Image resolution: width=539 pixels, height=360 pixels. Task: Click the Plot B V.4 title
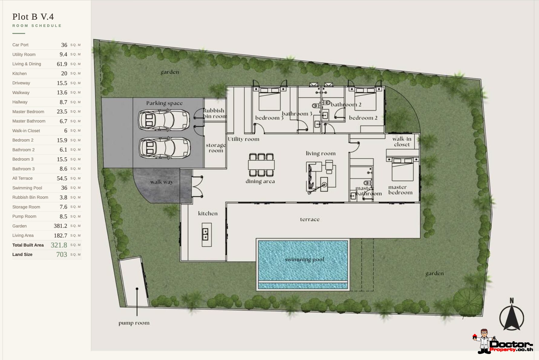point(33,17)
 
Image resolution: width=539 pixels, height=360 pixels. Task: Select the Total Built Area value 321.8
point(59,245)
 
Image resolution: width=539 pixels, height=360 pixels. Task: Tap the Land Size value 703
point(62,254)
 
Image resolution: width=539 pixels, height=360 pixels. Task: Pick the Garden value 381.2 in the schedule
point(60,226)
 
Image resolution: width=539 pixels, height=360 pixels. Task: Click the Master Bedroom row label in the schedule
point(28,112)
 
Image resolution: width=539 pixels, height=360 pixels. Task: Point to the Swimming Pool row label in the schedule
point(27,188)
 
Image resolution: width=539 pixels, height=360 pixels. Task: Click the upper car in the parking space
point(164,120)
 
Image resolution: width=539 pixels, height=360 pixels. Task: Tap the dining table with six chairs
point(261,165)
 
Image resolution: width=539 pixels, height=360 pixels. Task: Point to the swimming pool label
point(304,260)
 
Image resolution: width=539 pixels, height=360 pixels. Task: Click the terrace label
point(310,219)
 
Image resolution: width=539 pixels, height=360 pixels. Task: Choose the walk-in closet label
point(402,142)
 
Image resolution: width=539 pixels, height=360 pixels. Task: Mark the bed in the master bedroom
point(402,169)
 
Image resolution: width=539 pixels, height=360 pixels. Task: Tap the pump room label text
point(134,323)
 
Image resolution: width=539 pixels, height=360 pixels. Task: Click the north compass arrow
point(511,316)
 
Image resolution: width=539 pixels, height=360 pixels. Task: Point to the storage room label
point(216,148)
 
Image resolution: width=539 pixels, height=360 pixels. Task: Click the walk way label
point(162,182)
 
